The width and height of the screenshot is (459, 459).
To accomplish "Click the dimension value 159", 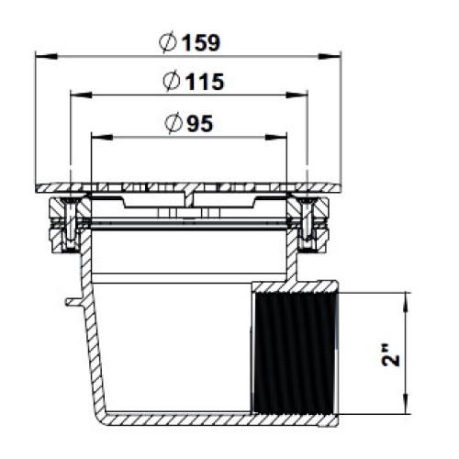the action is pyautogui.click(x=201, y=42).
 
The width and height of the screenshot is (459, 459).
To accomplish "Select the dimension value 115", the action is pyautogui.click(x=206, y=82).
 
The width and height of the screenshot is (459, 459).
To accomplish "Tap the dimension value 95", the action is pyautogui.click(x=200, y=124).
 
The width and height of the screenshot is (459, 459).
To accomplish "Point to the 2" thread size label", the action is pyautogui.click(x=391, y=354).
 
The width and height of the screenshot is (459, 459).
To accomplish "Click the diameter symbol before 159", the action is pyautogui.click(x=168, y=42).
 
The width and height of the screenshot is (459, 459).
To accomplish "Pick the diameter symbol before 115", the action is pyautogui.click(x=171, y=81).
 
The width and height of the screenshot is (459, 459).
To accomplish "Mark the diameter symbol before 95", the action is pyautogui.click(x=174, y=123).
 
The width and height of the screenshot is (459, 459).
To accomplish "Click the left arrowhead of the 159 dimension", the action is pyautogui.click(x=46, y=56).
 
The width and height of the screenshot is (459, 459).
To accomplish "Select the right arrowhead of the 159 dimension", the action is pyautogui.click(x=330, y=56).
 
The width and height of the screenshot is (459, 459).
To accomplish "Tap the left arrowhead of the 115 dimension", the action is pyautogui.click(x=81, y=95).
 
